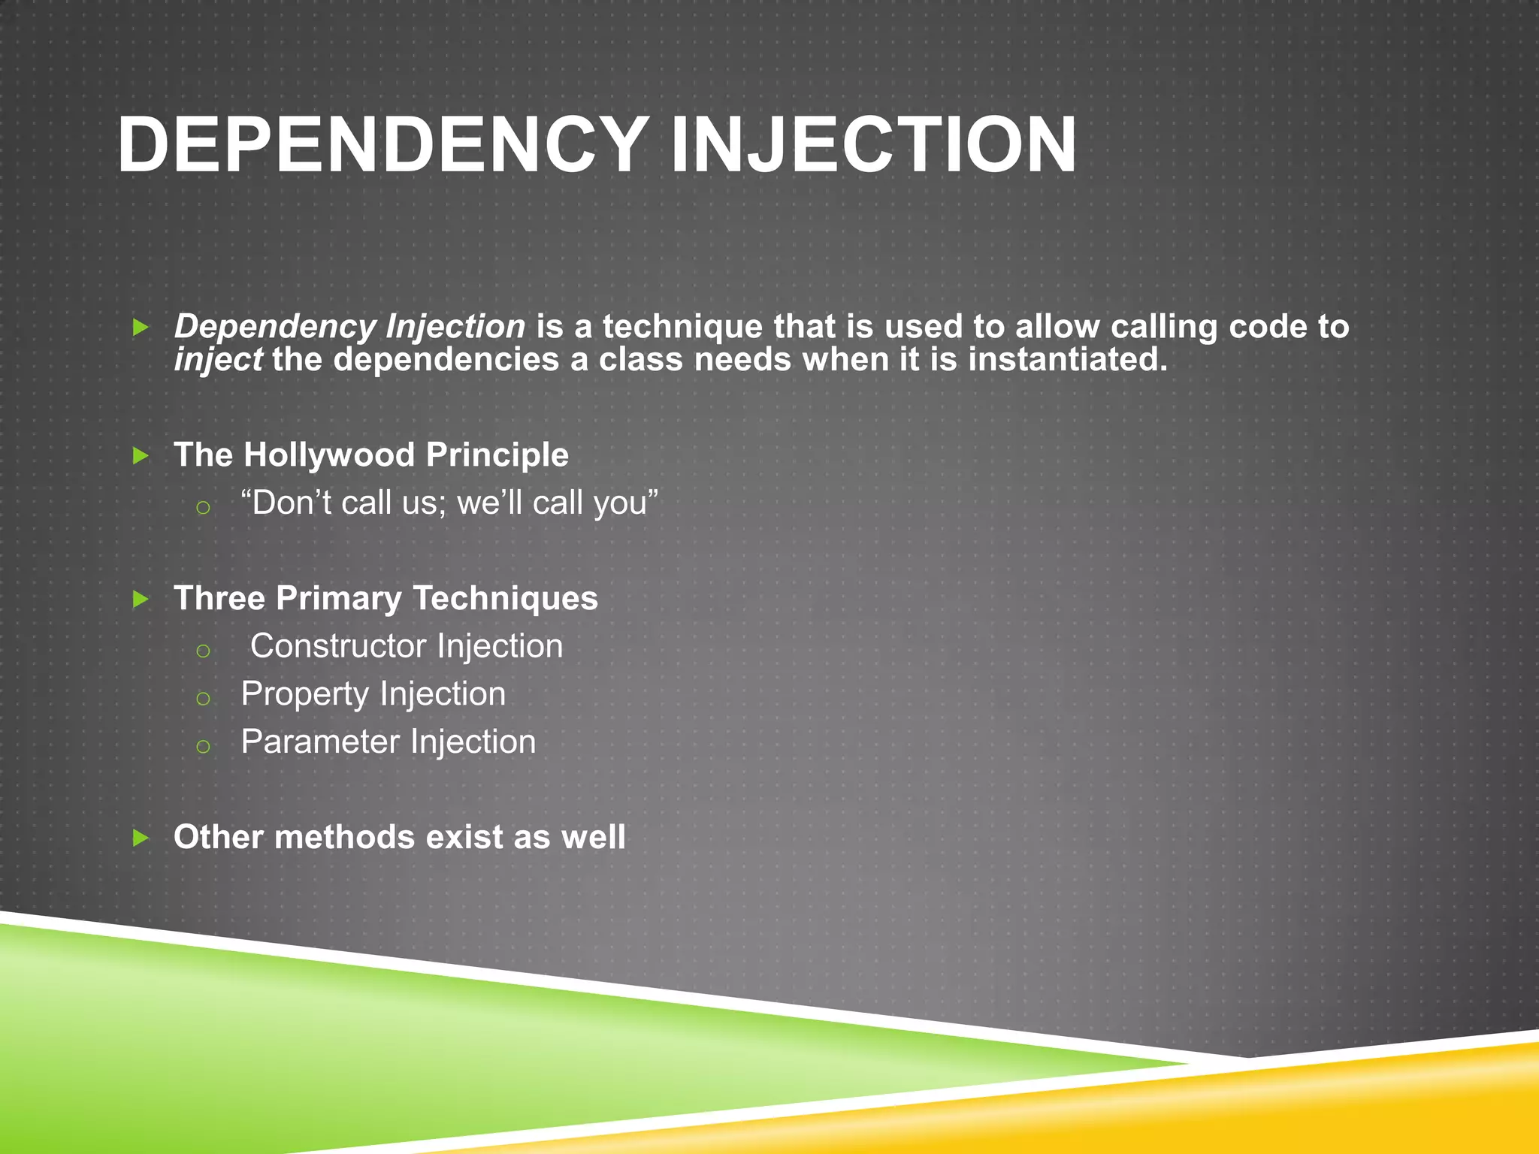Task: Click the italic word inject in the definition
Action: pos(218,360)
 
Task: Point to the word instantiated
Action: pos(1067,360)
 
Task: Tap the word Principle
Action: pos(497,455)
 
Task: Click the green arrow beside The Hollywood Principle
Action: pos(141,455)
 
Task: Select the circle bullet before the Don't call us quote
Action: pos(203,508)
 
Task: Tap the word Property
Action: pos(304,694)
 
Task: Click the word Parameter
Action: pos(319,742)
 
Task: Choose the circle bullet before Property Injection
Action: pos(203,699)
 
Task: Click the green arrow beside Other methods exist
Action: pos(141,838)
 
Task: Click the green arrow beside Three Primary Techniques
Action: pos(141,600)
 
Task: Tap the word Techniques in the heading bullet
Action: pos(505,599)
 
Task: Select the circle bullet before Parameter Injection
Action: pos(203,747)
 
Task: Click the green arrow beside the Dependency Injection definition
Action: pos(141,328)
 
